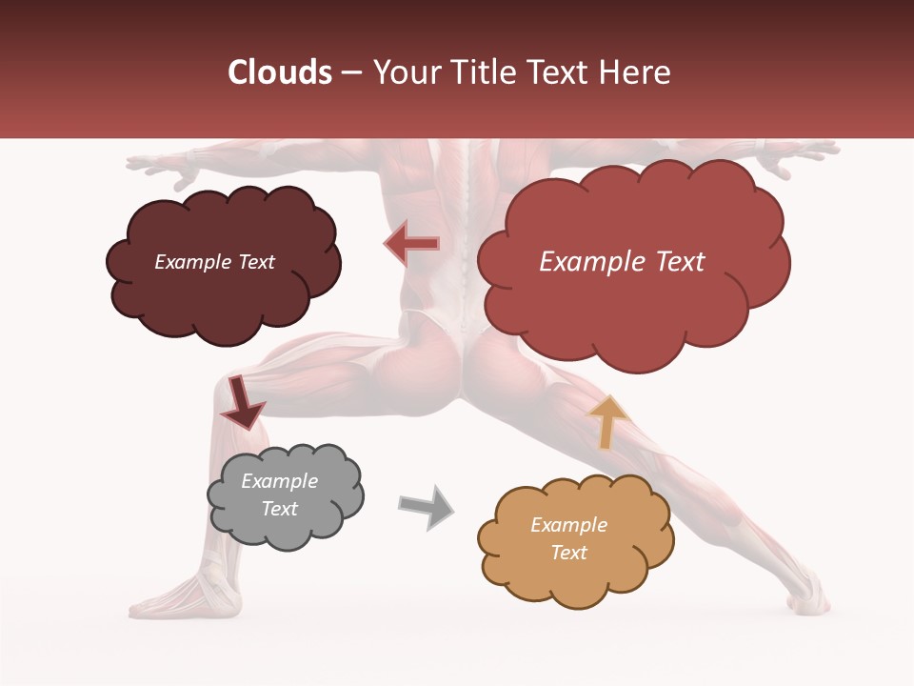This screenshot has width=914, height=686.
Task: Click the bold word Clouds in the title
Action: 280,72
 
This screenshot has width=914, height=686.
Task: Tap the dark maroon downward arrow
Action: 242,402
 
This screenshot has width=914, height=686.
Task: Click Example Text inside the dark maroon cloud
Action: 214,262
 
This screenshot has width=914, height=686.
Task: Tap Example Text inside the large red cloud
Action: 622,262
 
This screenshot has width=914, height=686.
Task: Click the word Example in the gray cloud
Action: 279,481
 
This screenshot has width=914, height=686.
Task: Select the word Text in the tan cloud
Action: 568,553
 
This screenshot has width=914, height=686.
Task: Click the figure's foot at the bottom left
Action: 171,600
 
